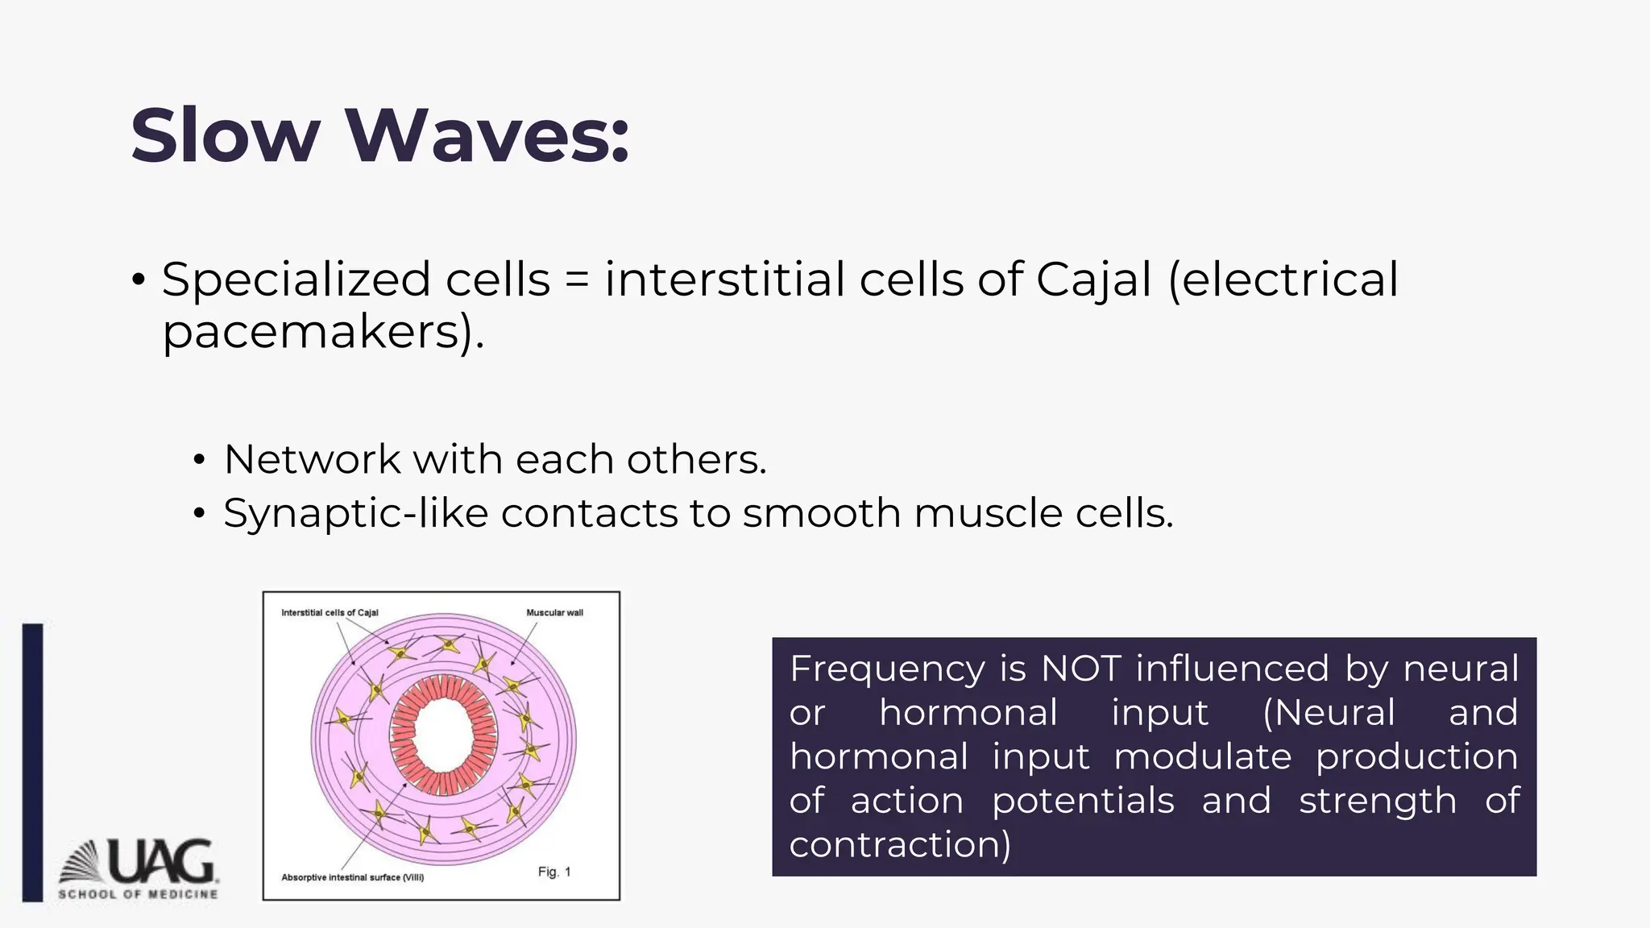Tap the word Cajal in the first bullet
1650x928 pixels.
pos(1093,280)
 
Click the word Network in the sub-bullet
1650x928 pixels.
pos(312,459)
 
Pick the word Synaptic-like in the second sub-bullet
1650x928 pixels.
pos(355,514)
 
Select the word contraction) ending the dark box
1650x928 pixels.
pos(900,845)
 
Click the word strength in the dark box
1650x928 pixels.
pos(1378,802)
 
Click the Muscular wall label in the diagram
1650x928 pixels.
pos(554,613)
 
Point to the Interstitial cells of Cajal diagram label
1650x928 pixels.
pos(330,613)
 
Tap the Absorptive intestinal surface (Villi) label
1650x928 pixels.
pos(352,877)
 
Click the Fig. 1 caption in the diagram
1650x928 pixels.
pos(554,872)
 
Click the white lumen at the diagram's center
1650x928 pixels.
pos(443,735)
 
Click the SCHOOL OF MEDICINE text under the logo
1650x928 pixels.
pos(138,894)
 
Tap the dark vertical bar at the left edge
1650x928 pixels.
pos(32,761)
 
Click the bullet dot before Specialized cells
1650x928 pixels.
pos(139,281)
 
